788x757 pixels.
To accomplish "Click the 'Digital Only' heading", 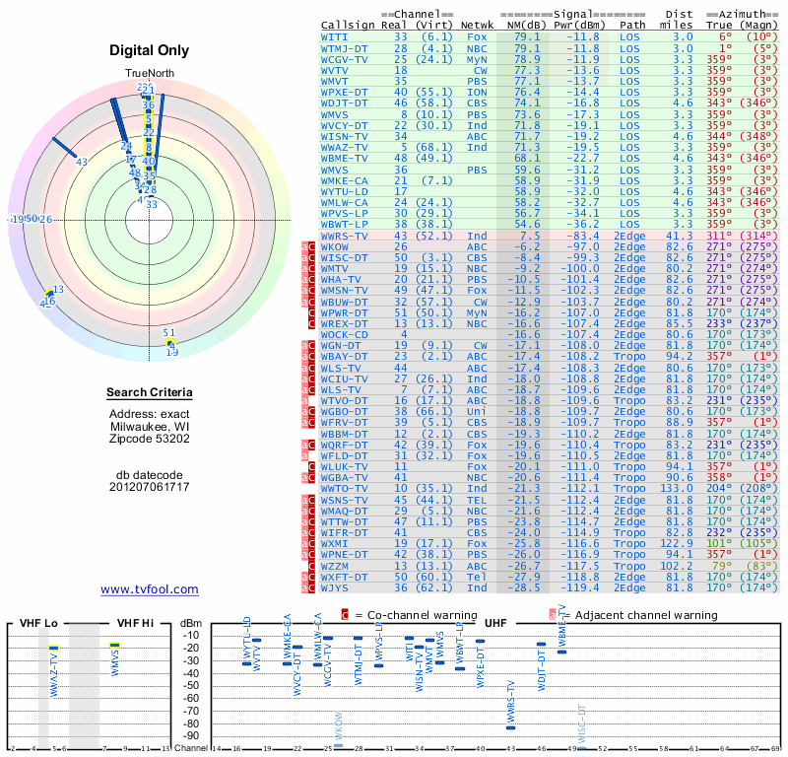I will click(150, 50).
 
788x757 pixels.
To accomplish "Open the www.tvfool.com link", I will click(150, 589).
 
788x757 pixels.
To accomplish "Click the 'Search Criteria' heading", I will click(150, 393).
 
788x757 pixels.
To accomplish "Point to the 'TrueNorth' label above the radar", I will click(149, 75).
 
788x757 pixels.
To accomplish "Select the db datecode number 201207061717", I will click(150, 487).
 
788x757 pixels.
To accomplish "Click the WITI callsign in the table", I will click(333, 36).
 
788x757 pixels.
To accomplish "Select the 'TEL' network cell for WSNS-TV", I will click(476, 502).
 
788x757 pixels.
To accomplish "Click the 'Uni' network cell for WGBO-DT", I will click(476, 412).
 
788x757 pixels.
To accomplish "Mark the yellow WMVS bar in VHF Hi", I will click(115, 646).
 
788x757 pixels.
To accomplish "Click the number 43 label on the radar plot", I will click(82, 162).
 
